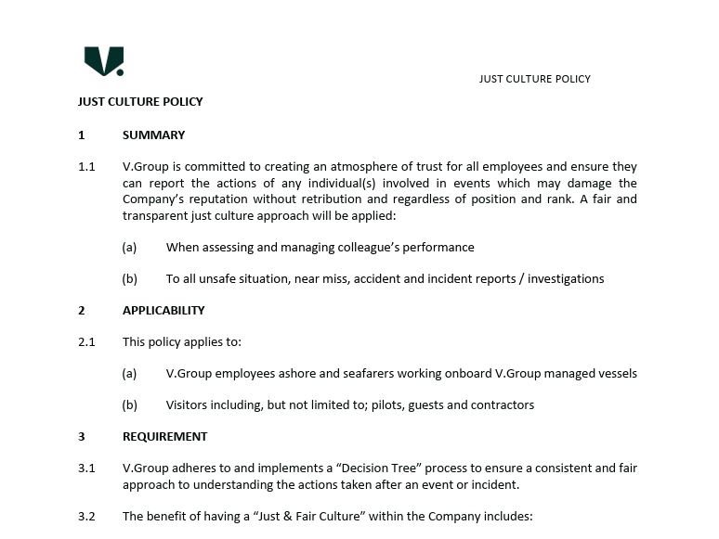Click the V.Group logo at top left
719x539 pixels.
click(103, 61)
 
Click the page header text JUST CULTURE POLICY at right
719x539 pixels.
click(534, 79)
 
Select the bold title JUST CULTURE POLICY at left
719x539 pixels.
click(140, 102)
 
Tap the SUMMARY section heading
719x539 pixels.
click(153, 135)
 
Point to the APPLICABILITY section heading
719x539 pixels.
click(163, 311)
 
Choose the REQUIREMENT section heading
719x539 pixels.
click(164, 437)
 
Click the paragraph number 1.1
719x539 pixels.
click(86, 167)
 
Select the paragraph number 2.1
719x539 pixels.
click(86, 342)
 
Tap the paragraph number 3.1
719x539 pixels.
click(86, 468)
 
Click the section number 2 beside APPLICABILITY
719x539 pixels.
click(82, 311)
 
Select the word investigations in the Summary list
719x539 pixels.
click(566, 279)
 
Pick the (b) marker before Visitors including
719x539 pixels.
click(130, 405)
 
